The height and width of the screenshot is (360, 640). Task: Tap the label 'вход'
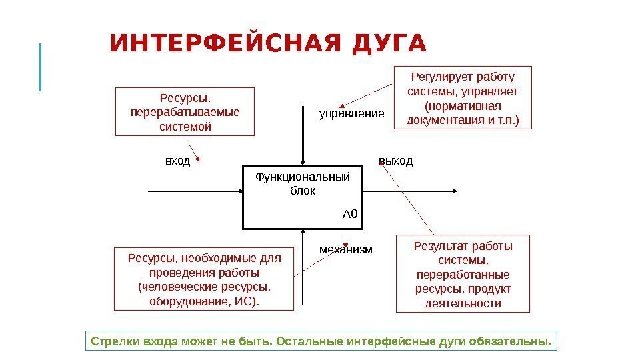pyautogui.click(x=177, y=161)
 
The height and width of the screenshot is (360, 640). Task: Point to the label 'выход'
pyautogui.click(x=396, y=161)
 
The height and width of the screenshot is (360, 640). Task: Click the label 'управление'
pyautogui.click(x=351, y=113)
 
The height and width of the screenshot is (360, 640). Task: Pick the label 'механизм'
pyautogui.click(x=346, y=249)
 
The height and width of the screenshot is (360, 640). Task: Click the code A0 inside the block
pyautogui.click(x=350, y=214)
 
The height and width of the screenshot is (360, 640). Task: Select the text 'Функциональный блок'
pyautogui.click(x=303, y=183)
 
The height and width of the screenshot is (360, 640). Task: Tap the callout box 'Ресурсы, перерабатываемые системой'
pyautogui.click(x=185, y=111)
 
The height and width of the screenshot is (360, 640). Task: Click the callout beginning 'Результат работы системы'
pyautogui.click(x=463, y=273)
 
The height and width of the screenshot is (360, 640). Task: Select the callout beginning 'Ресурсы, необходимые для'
pyautogui.click(x=204, y=279)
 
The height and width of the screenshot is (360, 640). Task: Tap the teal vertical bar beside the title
pyautogui.click(x=41, y=67)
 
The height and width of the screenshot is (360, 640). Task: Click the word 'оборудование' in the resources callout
pyautogui.click(x=180, y=301)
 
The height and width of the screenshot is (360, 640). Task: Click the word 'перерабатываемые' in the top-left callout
pyautogui.click(x=185, y=111)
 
